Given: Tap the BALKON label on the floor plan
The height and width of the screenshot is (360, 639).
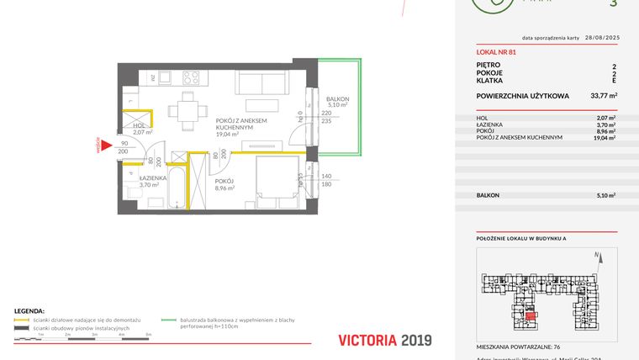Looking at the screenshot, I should coord(337,99).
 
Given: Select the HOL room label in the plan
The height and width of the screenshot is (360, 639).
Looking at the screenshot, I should coord(139,126).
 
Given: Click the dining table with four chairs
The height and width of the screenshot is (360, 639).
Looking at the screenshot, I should coord(187,109).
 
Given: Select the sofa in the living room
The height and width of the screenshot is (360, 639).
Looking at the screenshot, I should coord(262,82).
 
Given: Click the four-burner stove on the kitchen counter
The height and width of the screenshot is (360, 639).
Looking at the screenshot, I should coord(190,78).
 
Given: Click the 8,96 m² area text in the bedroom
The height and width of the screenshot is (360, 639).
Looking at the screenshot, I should coord(226,188).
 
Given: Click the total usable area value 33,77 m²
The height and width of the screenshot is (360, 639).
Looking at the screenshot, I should coord(603,96).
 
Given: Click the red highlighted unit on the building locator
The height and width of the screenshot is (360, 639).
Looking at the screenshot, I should coord(531,315).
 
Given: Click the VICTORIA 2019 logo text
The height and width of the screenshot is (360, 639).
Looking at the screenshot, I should coord(384,340).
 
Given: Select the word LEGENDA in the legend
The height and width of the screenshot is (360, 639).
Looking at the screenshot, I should coord(29,310).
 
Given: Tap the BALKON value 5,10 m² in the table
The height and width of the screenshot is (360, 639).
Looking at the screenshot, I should coord(605,194).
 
